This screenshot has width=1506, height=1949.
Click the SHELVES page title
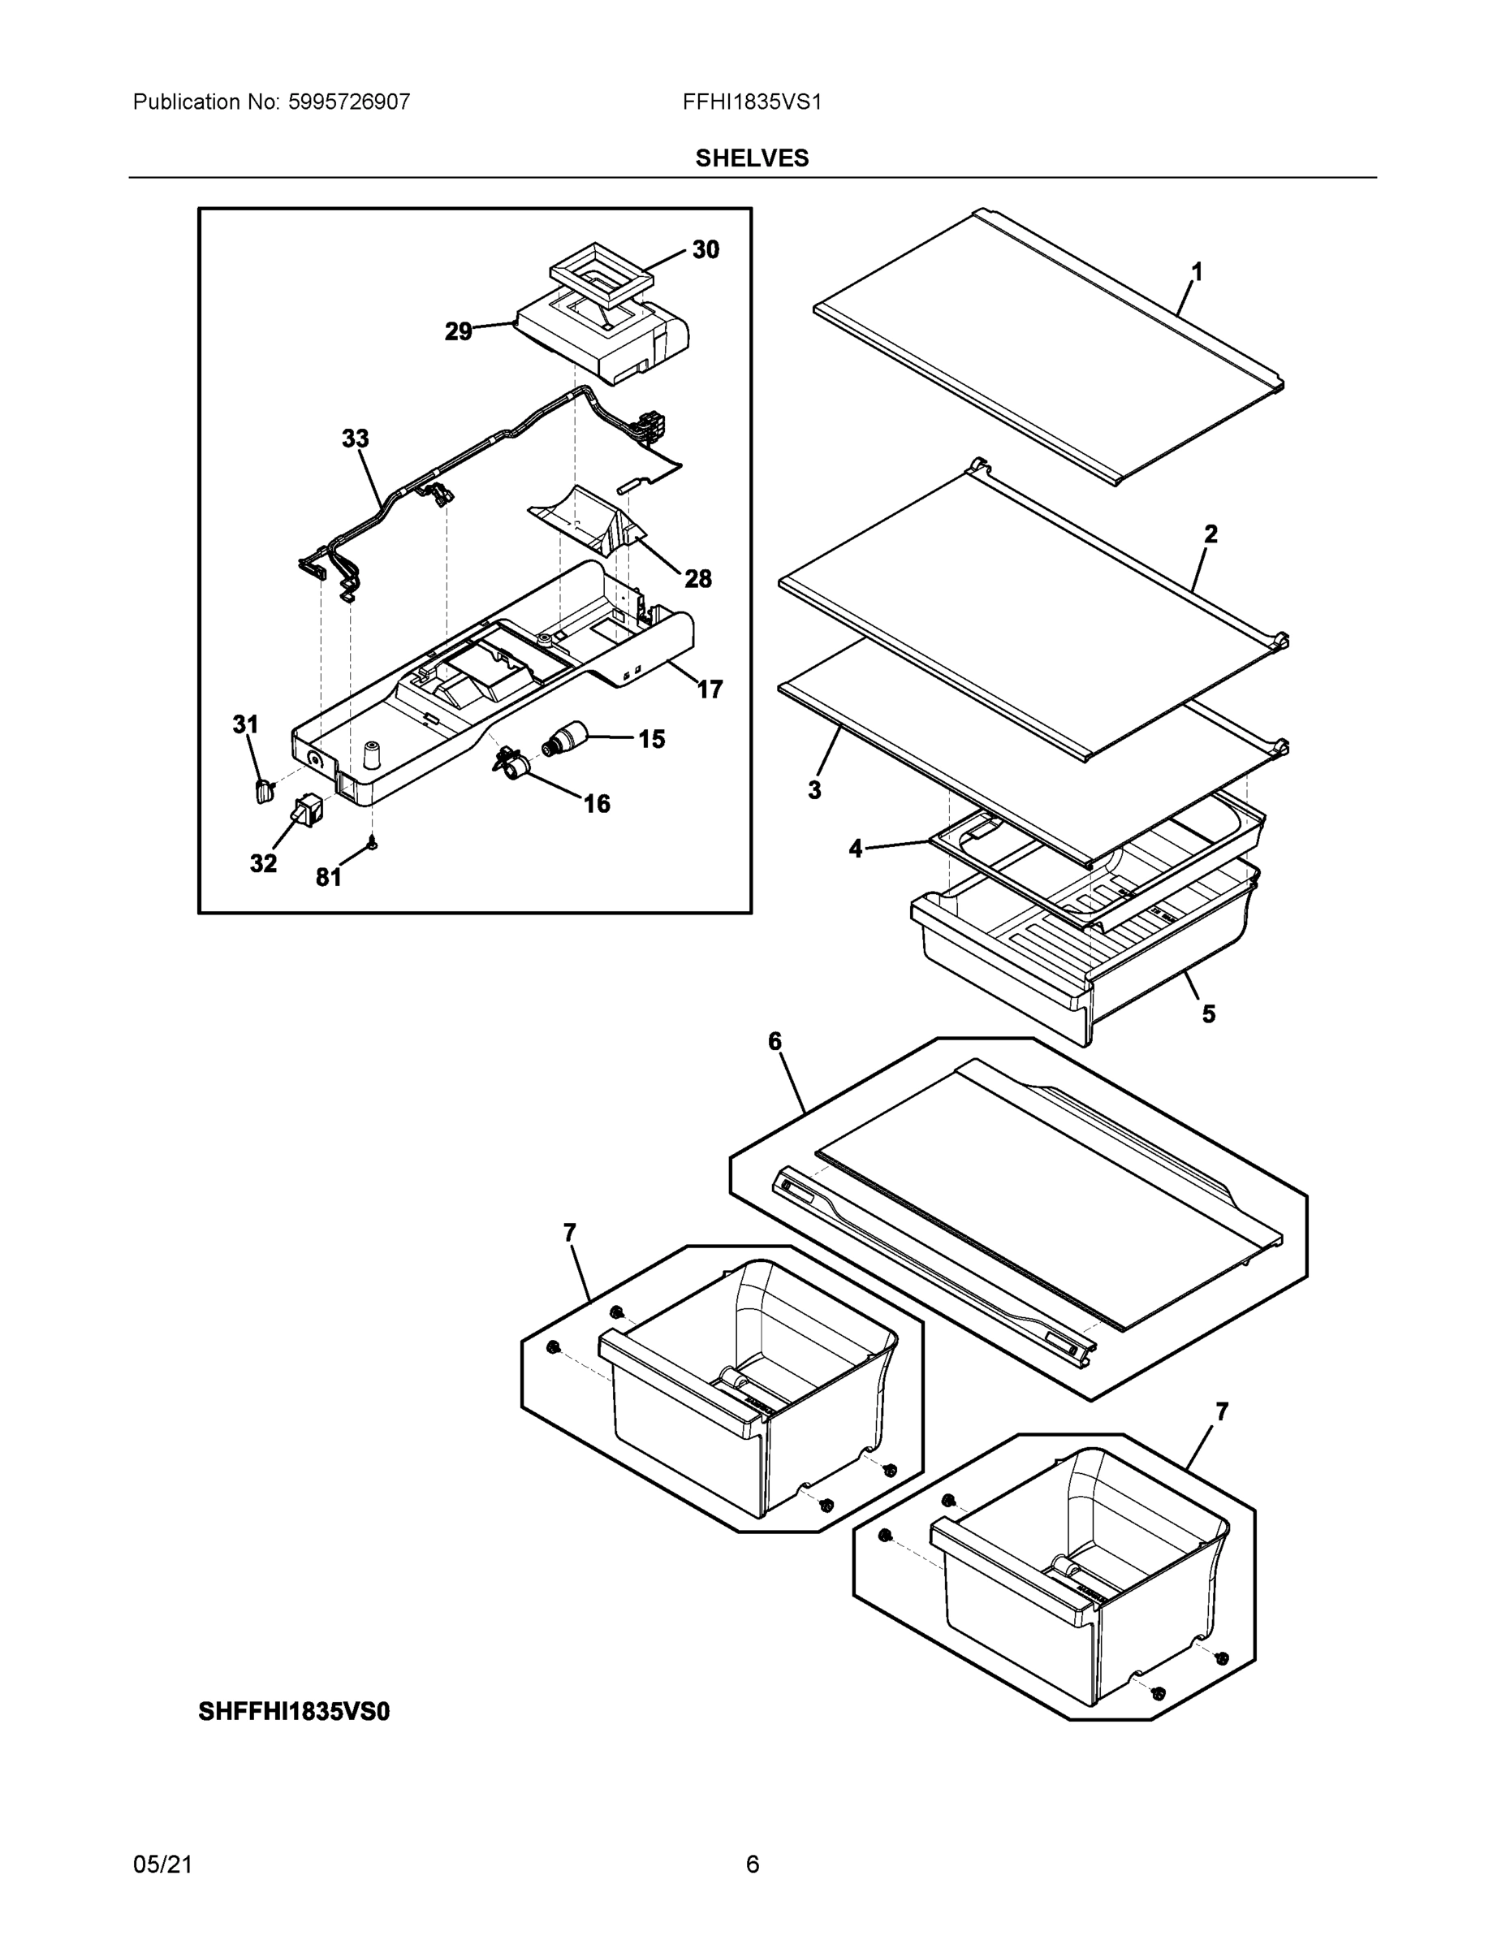(x=752, y=158)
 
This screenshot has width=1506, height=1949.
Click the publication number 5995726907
(x=348, y=102)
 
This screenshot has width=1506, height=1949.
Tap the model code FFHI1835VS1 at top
(x=752, y=102)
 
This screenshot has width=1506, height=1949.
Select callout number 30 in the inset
(x=706, y=250)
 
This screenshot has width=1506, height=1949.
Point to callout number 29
(x=459, y=332)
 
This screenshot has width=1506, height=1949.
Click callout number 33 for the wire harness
(x=355, y=439)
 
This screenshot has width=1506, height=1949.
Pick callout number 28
(x=697, y=579)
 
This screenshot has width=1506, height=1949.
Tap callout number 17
(x=710, y=689)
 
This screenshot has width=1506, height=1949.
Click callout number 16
(x=597, y=804)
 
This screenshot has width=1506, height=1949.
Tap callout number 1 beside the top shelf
(x=1197, y=272)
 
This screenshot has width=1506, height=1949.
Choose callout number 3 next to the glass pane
(x=813, y=790)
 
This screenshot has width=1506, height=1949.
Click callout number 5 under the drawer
(x=1208, y=1013)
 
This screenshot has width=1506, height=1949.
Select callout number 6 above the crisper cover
(x=775, y=1041)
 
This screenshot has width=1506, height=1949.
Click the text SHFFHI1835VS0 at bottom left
(x=294, y=1712)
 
